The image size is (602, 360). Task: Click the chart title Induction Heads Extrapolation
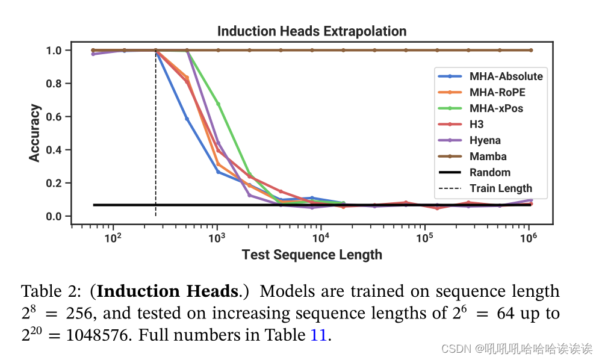[x=312, y=31]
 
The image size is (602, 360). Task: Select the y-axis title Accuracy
[x=35, y=133]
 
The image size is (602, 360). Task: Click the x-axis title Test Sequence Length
[x=312, y=255]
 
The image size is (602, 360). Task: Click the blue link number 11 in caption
[x=318, y=335]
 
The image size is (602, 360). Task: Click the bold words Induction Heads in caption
[x=167, y=292]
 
